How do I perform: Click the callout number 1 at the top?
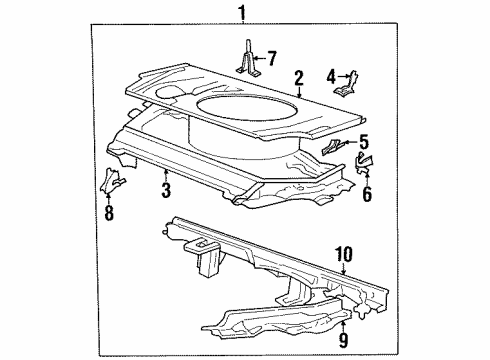[x=241, y=12]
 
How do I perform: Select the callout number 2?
[x=297, y=78]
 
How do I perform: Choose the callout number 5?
[x=364, y=141]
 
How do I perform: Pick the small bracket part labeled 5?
[x=334, y=148]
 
